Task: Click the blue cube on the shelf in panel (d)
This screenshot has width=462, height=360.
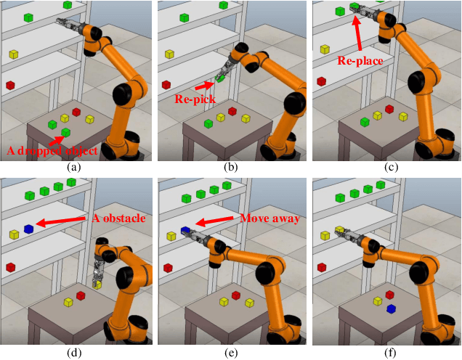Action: point(29,229)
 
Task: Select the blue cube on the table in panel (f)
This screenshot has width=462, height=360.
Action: point(391,308)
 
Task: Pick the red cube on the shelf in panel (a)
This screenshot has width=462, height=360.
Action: point(10,86)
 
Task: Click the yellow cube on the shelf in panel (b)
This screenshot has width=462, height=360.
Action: point(169,54)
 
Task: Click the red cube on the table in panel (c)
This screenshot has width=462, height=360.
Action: point(389,110)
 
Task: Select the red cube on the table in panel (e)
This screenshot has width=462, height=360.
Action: point(236,295)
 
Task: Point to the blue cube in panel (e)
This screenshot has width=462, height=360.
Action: point(185,231)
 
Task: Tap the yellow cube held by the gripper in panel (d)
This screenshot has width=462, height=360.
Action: point(97,285)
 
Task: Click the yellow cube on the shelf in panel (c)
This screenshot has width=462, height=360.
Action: point(325,49)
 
